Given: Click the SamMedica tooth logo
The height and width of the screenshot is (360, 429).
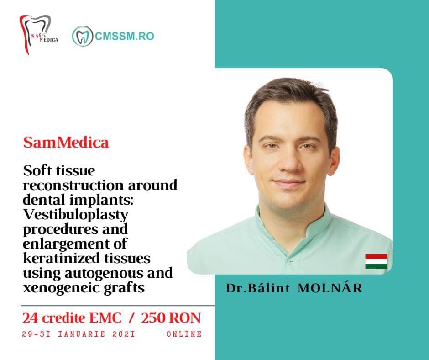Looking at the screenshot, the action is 38,34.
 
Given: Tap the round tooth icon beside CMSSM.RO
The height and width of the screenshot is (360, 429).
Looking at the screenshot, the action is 82,36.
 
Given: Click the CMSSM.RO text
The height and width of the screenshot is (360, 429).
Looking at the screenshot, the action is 125,36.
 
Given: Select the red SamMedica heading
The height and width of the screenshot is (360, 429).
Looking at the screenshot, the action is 66,143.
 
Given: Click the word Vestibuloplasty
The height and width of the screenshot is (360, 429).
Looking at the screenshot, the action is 76,215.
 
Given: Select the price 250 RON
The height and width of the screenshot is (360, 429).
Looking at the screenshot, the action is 171,318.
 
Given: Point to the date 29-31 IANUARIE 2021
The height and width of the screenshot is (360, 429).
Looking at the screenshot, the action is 78,334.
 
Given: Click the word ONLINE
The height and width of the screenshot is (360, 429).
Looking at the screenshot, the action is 184,334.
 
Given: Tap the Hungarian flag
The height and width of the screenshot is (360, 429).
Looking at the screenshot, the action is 376,261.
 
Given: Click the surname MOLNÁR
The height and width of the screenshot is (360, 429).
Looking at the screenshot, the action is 330,288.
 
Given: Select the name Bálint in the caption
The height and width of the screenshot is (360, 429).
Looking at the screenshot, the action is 269,288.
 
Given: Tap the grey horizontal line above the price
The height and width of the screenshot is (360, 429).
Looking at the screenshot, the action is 118,305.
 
